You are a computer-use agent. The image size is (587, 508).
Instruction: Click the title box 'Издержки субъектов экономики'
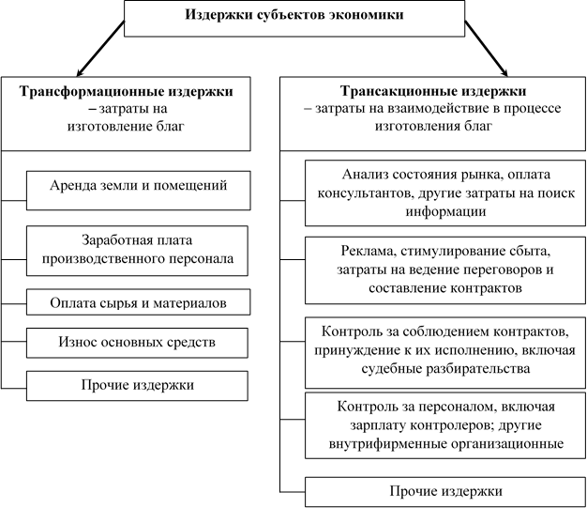coord(294,19)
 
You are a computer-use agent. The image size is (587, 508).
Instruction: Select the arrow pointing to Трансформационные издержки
coord(100,49)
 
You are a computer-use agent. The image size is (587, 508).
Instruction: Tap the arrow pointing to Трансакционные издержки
coord(487,49)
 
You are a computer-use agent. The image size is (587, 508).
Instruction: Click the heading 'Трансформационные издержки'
coord(127,91)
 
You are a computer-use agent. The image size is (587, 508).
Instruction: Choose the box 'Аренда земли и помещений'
coord(138,191)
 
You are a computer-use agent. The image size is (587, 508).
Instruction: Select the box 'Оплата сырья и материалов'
coord(138,301)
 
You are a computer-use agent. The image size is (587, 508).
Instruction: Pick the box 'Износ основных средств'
coord(137,343)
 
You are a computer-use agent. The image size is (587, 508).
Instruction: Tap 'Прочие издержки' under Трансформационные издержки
coord(138,385)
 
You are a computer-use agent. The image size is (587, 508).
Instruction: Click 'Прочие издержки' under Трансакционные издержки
coord(445,491)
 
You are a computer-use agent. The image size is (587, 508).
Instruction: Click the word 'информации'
coord(445,211)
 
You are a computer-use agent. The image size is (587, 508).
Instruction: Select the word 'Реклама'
coord(369,252)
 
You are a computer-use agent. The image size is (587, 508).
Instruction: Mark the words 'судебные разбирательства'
coord(445,368)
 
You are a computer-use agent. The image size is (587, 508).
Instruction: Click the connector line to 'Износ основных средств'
coord(14,342)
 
